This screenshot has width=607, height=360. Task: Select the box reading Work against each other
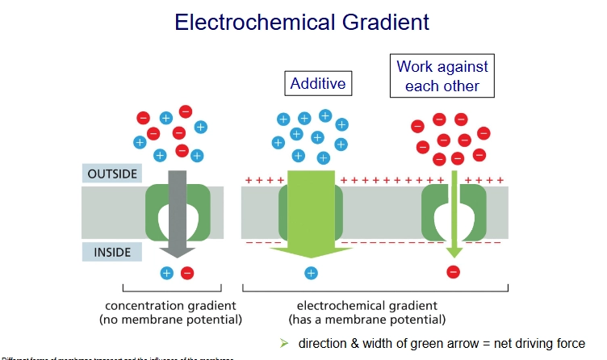point(442,76)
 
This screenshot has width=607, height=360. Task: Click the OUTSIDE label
point(111,174)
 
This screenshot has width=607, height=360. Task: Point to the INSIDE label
point(111,252)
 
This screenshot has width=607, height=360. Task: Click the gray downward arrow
point(177,214)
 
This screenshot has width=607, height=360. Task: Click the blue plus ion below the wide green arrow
point(310,273)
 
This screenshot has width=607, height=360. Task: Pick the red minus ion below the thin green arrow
point(453,272)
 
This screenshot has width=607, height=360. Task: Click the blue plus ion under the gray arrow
point(167,273)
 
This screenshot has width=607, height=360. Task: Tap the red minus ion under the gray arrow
point(187,273)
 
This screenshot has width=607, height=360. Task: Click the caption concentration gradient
point(170,305)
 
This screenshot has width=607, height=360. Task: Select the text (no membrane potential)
point(170,320)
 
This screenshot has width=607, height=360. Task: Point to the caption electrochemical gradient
point(366,305)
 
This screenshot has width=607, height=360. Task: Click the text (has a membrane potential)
point(366,320)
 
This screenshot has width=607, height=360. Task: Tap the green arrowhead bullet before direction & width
point(283,343)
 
